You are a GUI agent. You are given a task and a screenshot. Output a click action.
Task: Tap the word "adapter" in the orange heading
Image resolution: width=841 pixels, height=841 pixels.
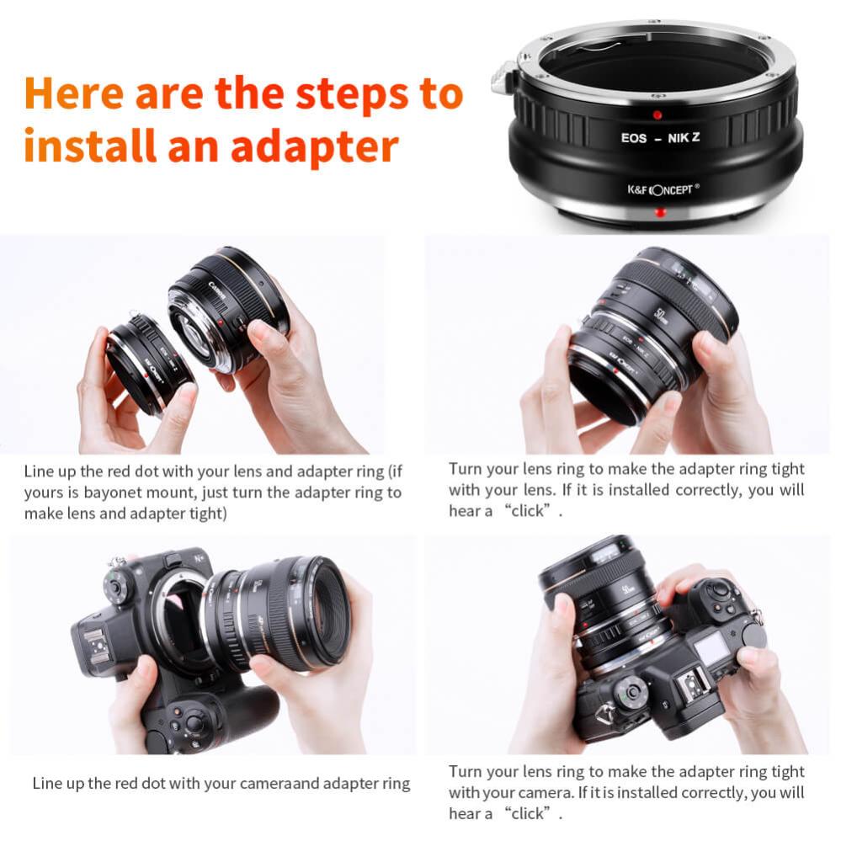pos(314,147)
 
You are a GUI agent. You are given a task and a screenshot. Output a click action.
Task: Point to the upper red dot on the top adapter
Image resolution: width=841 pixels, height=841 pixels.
pos(657,115)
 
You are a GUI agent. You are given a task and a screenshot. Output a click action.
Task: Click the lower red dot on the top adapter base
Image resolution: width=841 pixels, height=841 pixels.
pos(660,212)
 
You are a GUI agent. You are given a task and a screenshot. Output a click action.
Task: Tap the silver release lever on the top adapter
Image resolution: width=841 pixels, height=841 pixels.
pos(503,77)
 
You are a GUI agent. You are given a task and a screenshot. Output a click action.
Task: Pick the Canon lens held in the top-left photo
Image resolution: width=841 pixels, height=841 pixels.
pos(227,307)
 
